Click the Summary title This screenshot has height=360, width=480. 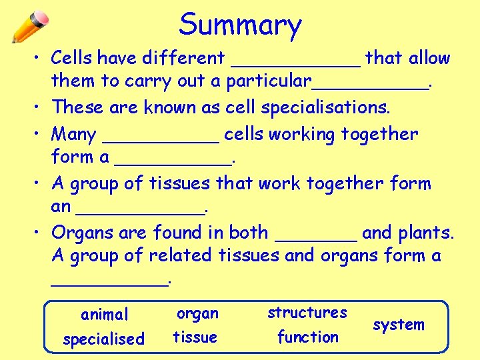(240, 25)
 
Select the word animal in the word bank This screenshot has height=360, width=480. (104, 314)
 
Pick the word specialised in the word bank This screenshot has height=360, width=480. (103, 339)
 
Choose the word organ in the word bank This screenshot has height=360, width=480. (197, 313)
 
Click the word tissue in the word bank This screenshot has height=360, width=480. (195, 337)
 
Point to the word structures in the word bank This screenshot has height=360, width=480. (307, 312)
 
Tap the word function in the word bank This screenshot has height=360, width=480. (308, 337)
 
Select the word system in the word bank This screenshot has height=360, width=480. (399, 325)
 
